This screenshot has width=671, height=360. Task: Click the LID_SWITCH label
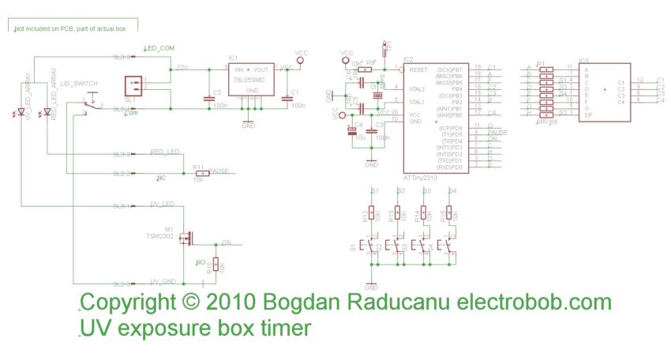click(90, 84)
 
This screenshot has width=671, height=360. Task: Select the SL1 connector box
click(131, 87)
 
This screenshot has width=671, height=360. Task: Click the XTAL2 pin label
click(415, 89)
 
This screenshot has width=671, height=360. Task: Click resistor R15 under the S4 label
click(449, 214)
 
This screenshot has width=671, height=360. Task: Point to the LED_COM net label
click(159, 49)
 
